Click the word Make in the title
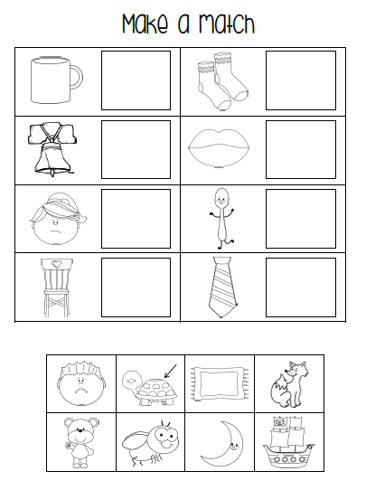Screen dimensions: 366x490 point(145,24)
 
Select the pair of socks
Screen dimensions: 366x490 point(222,81)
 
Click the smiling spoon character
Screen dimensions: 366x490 point(221,219)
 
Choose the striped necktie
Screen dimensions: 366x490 point(222,287)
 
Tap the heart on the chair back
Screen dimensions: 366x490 point(56,264)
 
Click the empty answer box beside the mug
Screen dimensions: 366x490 point(136,80)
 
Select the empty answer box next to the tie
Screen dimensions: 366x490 point(301,287)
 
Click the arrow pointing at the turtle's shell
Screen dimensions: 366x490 point(171,371)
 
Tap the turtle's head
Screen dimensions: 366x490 point(130,380)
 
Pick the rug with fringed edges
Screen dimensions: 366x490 point(220,384)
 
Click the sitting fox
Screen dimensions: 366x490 point(289,384)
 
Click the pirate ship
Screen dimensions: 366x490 point(289,442)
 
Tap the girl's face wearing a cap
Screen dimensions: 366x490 point(58,219)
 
